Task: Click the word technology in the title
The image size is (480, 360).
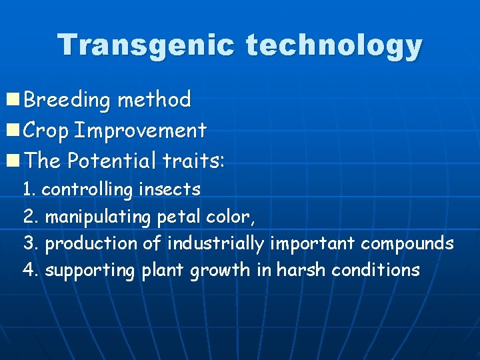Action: (334, 46)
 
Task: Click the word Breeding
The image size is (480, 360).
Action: (67, 100)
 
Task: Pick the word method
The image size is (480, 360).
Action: (154, 100)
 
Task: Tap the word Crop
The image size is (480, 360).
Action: (46, 131)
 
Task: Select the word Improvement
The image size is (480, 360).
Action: (140, 131)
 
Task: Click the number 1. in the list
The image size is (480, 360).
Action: (29, 190)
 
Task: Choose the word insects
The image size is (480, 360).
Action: (169, 190)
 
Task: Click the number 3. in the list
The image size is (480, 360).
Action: (30, 243)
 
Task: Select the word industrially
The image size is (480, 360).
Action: (215, 244)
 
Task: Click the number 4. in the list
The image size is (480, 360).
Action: (30, 270)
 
